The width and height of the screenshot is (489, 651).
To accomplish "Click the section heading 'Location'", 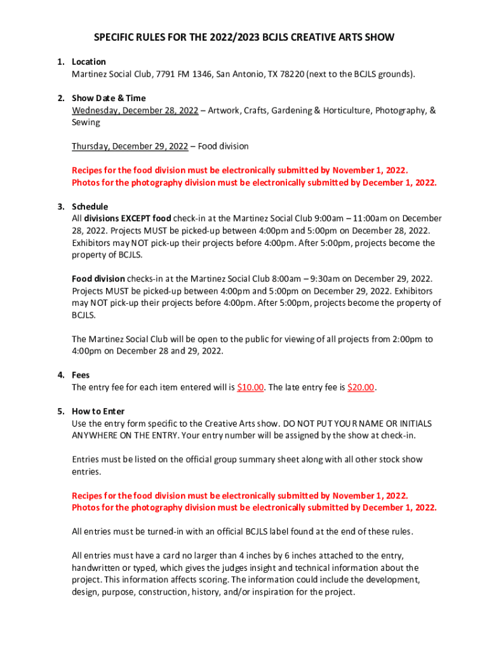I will (88, 62).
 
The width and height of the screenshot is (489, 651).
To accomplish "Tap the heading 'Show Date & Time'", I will (109, 98).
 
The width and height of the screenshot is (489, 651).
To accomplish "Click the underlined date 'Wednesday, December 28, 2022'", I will (135, 111).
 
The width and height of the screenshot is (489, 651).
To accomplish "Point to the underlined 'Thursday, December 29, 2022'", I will (130, 146).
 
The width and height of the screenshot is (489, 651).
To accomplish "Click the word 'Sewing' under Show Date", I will (86, 122).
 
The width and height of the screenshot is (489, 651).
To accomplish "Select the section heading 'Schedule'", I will (90, 207).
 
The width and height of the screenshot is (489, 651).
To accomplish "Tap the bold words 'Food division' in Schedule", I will (98, 278).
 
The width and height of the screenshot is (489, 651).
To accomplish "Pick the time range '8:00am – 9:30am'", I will (313, 278).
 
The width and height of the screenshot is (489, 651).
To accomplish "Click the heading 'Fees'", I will (81, 375).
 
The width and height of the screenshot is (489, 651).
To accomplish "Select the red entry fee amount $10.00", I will (250, 387).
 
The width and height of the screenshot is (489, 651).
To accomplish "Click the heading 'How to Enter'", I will (98, 411).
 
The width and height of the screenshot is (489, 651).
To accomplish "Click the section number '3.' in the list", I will (60, 207).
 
